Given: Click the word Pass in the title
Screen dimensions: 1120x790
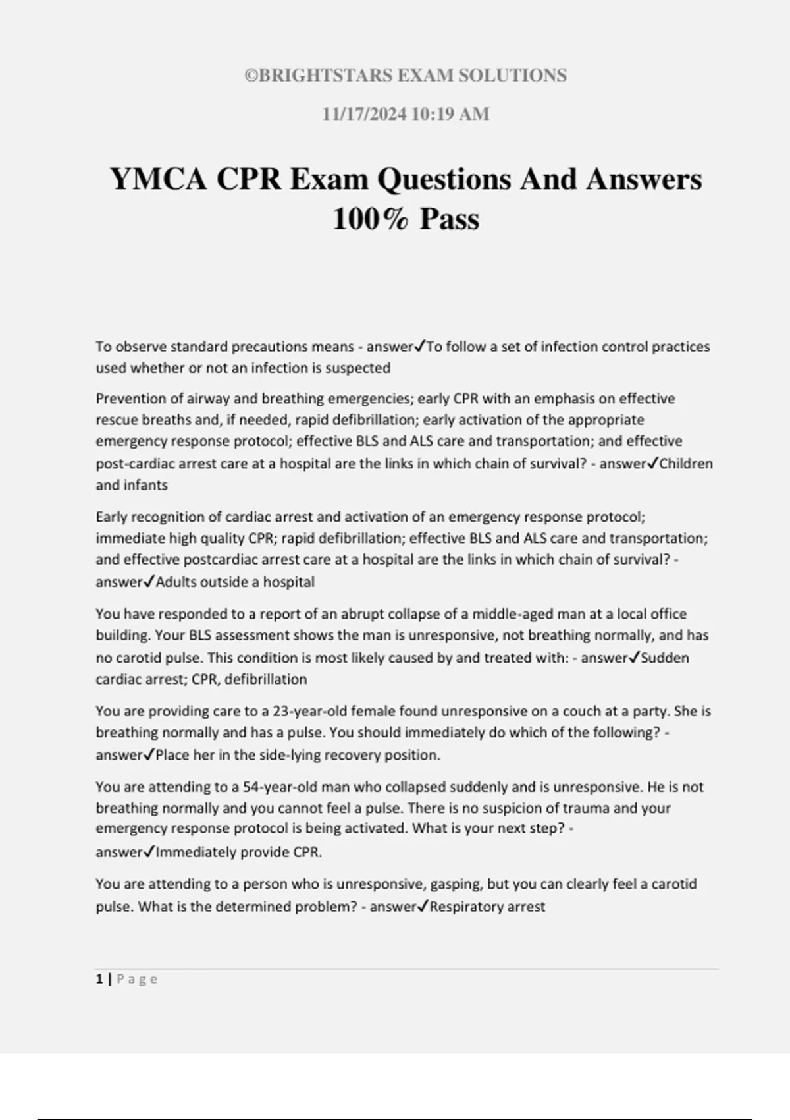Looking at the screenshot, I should coord(450,219).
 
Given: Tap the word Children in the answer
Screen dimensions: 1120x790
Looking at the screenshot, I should coord(686,464).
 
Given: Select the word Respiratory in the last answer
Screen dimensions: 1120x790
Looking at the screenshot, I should coord(464,907).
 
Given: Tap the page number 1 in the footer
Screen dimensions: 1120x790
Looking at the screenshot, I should coord(99,979).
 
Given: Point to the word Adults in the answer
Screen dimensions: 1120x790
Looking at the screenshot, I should coord(176,582).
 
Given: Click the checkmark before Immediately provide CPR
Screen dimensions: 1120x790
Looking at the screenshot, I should coord(149,851).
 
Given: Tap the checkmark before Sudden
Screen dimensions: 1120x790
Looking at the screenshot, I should coord(635,657).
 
